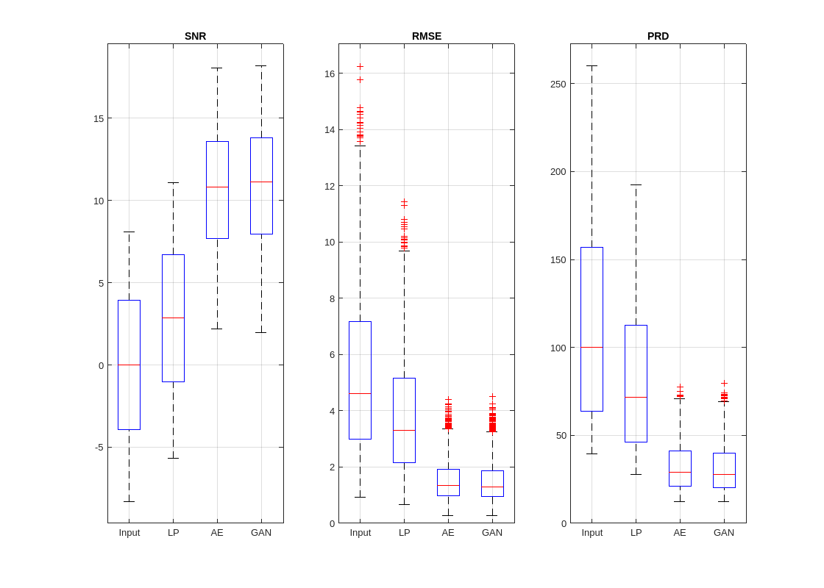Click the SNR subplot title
pyautogui.click(x=195, y=36)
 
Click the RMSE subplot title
pyautogui.click(x=427, y=36)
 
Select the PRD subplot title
pyautogui.click(x=658, y=36)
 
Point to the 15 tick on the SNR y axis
pyautogui.click(x=99, y=118)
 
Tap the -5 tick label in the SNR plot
pyautogui.click(x=99, y=447)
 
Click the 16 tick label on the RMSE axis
pyautogui.click(x=330, y=73)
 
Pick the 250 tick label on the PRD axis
pyautogui.click(x=558, y=84)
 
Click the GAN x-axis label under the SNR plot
pyautogui.click(x=261, y=532)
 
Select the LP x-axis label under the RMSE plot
pyautogui.click(x=404, y=532)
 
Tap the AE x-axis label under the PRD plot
pyautogui.click(x=680, y=532)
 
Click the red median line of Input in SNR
pyautogui.click(x=129, y=365)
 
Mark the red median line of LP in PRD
pyautogui.click(x=636, y=397)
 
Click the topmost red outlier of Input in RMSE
pyautogui.click(x=360, y=66)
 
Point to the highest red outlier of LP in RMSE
pyautogui.click(x=404, y=201)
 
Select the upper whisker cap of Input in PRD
pyautogui.click(x=592, y=66)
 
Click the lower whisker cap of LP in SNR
pyautogui.click(x=173, y=458)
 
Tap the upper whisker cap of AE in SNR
pyautogui.click(x=217, y=68)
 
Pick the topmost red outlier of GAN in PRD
pyautogui.click(x=724, y=383)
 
